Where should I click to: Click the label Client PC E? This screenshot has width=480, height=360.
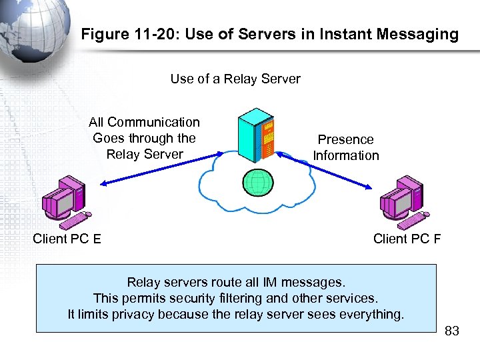click(67, 239)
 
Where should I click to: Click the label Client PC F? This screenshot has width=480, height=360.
click(407, 239)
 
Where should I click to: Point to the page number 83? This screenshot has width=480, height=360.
click(451, 331)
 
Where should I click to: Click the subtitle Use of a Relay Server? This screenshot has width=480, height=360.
click(235, 79)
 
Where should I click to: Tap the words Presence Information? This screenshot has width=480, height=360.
click(345, 147)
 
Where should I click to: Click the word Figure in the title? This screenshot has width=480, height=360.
click(103, 35)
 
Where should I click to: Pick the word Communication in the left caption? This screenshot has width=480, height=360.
click(153, 122)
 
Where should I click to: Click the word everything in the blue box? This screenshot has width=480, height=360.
click(373, 314)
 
